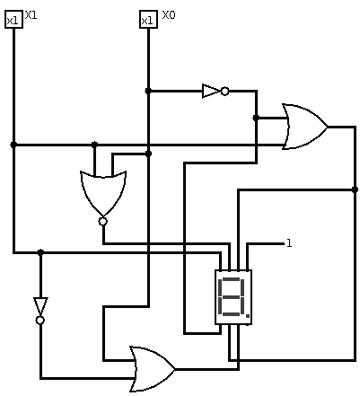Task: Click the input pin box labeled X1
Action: [13, 20]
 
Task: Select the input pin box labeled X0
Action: [148, 20]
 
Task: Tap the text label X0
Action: [169, 15]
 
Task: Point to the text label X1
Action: [31, 15]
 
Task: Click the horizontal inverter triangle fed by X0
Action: [211, 91]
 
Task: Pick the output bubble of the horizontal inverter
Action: [225, 91]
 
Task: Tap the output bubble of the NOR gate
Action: [103, 222]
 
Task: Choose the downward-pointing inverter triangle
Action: [40, 307]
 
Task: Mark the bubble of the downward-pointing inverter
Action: [40, 321]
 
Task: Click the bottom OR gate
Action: [152, 369]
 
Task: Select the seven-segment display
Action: [233, 297]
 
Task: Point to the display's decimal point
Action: [248, 315]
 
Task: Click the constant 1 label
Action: [289, 243]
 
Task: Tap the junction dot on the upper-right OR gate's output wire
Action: [355, 189]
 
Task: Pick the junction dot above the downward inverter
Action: [40, 252]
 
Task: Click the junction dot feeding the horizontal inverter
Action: [148, 91]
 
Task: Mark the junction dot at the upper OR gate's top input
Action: [256, 118]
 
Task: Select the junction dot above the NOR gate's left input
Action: [94, 145]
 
